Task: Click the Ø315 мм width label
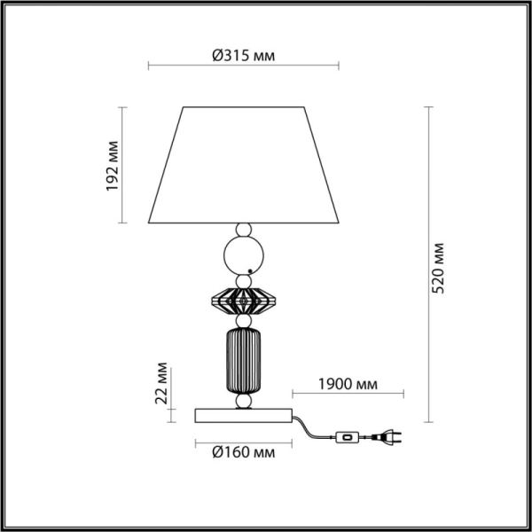point(242,54)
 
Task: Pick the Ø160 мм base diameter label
point(242,453)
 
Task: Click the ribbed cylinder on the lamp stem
point(242,359)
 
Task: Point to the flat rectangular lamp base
point(242,414)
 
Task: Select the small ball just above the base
point(242,402)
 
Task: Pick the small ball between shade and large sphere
point(242,231)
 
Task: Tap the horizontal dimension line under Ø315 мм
point(242,65)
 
